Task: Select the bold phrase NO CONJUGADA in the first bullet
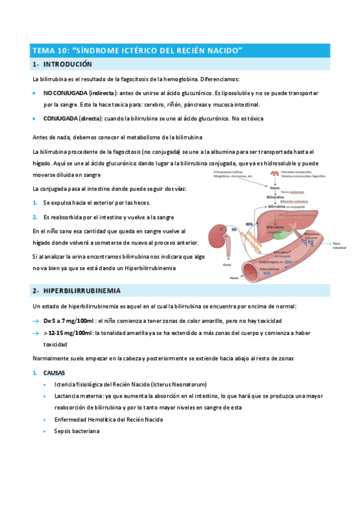[x=65, y=94]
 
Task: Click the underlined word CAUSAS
[x=54, y=373]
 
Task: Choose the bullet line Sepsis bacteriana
[x=76, y=431]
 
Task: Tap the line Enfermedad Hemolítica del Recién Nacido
[x=108, y=419]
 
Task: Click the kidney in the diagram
[x=218, y=233]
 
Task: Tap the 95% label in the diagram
[x=249, y=224]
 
